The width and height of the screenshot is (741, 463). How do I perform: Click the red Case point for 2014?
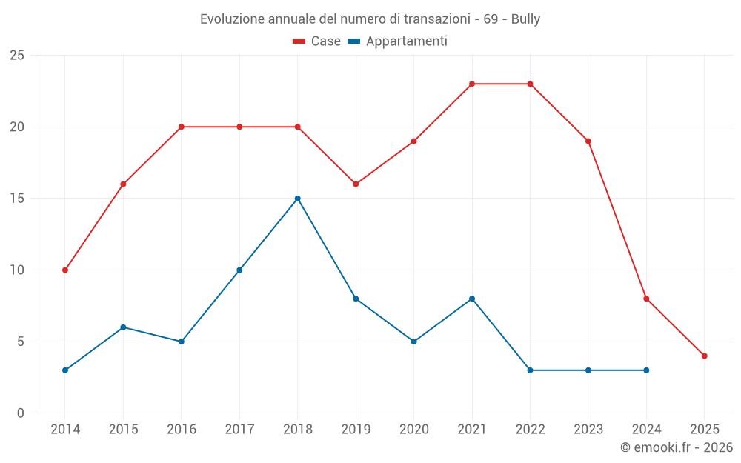[x=65, y=270]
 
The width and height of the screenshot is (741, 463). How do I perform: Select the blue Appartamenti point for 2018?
[x=297, y=199]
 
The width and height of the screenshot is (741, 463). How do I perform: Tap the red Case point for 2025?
[x=704, y=356]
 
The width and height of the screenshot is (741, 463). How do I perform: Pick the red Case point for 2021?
[x=472, y=84]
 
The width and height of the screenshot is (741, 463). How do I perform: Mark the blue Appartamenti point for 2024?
[x=646, y=370]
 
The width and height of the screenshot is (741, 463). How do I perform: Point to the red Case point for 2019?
[x=356, y=184]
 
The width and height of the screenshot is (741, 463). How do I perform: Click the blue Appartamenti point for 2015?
[x=123, y=327]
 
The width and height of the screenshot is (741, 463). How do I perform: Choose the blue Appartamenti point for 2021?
[x=472, y=299]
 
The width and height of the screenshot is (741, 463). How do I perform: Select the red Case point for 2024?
[x=646, y=299]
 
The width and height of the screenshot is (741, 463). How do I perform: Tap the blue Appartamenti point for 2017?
[x=239, y=270]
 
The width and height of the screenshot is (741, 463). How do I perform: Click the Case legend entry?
[x=317, y=41]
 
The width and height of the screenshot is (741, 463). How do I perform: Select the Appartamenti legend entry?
[x=398, y=41]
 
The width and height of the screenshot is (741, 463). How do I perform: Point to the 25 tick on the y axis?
[x=16, y=56]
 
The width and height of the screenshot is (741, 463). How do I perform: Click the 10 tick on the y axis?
[x=16, y=270]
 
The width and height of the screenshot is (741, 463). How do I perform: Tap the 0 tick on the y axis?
[x=20, y=413]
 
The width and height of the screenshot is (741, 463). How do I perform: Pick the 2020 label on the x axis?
[x=413, y=430]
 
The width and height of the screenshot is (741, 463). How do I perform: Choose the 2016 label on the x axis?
[x=182, y=430]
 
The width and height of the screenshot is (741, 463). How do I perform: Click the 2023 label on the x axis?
[x=588, y=430]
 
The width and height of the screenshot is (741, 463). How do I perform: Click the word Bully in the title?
[x=525, y=19]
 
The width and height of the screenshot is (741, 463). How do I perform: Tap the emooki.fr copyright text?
[x=677, y=447]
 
